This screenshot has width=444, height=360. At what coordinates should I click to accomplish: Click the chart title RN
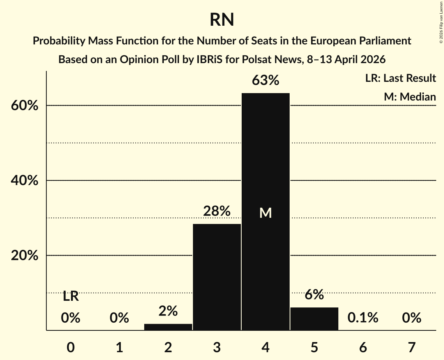(222, 20)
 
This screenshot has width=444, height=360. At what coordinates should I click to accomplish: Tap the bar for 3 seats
(217, 277)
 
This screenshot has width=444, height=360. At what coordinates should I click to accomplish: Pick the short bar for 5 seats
(314, 319)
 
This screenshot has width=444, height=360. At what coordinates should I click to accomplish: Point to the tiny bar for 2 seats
(168, 327)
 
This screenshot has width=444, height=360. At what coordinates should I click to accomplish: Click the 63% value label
(265, 81)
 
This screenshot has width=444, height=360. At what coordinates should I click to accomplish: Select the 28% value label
(217, 211)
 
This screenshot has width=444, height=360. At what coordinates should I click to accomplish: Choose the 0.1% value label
(363, 318)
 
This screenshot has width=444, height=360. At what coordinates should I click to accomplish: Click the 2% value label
(168, 311)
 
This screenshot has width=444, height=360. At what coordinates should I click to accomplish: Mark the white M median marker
(265, 213)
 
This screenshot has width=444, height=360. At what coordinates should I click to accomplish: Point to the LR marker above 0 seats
(71, 296)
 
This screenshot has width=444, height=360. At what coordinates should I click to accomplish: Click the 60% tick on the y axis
(26, 106)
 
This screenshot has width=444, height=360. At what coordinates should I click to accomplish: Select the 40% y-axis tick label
(26, 181)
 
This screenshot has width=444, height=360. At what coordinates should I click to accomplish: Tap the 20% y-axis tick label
(26, 256)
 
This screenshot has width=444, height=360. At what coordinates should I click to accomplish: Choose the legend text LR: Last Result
(400, 78)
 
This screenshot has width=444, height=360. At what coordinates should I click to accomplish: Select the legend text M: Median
(410, 97)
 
